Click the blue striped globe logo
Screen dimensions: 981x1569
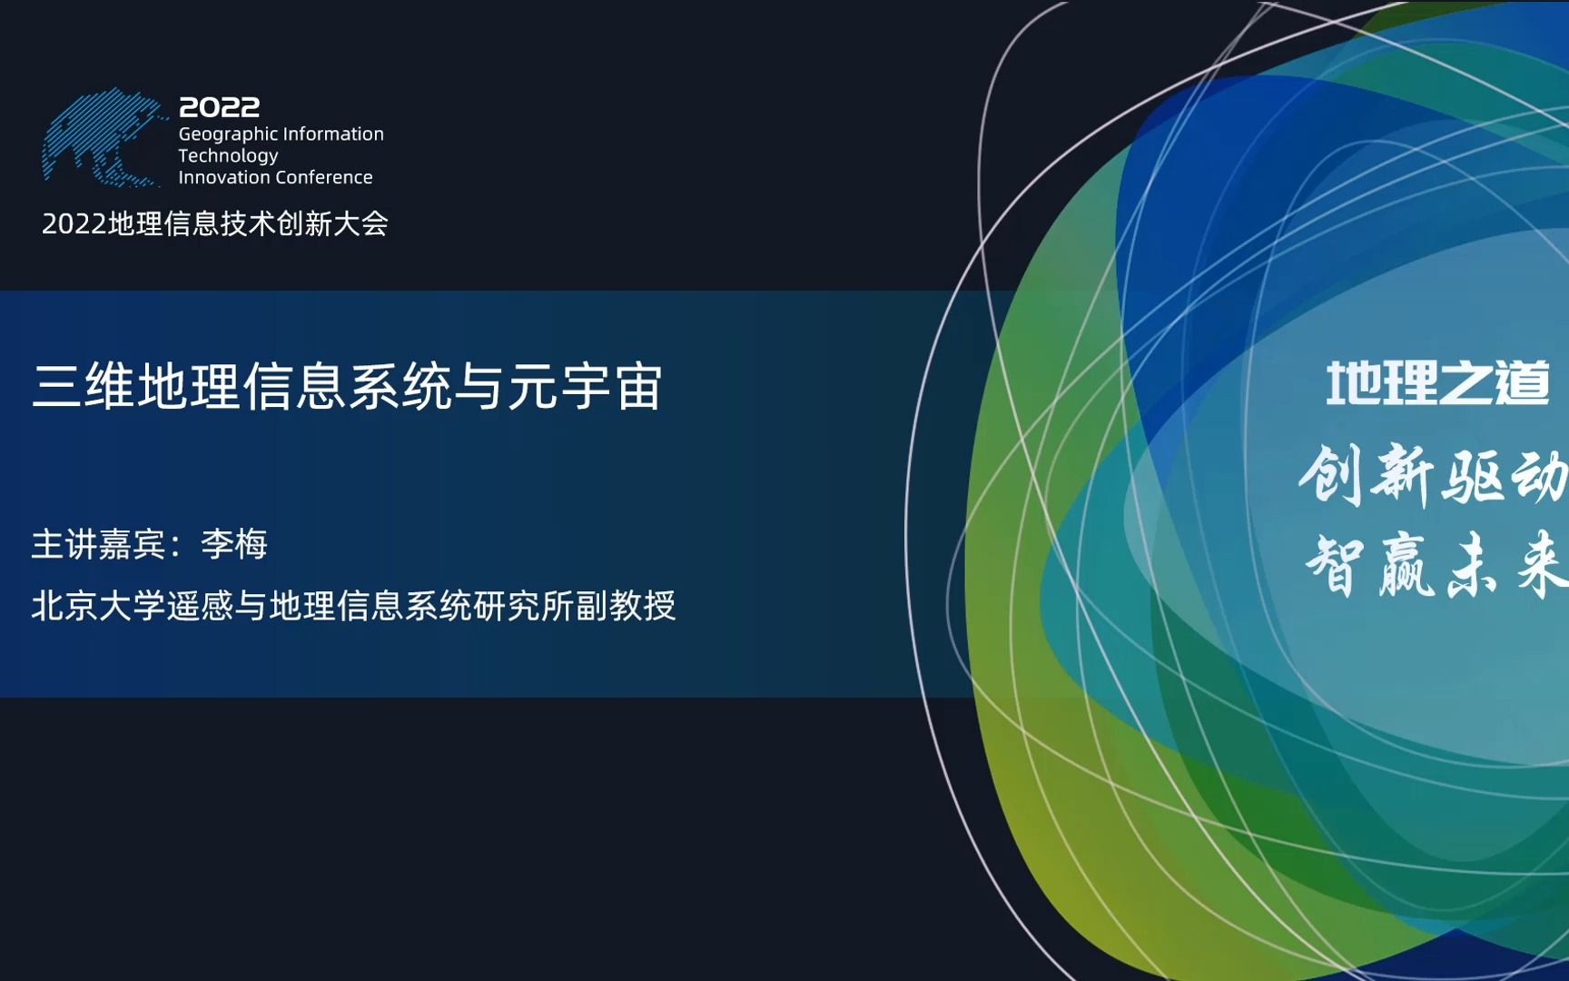(102, 138)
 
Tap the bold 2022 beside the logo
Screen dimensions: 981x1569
(219, 107)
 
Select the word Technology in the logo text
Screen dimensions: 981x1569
(228, 156)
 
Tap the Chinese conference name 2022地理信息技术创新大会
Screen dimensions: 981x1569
(215, 223)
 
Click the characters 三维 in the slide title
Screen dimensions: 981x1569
(84, 386)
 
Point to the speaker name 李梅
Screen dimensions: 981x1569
(234, 544)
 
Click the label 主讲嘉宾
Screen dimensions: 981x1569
(98, 544)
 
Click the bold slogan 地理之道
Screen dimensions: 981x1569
(1437, 383)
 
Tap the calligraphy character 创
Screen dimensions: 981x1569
(1330, 474)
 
